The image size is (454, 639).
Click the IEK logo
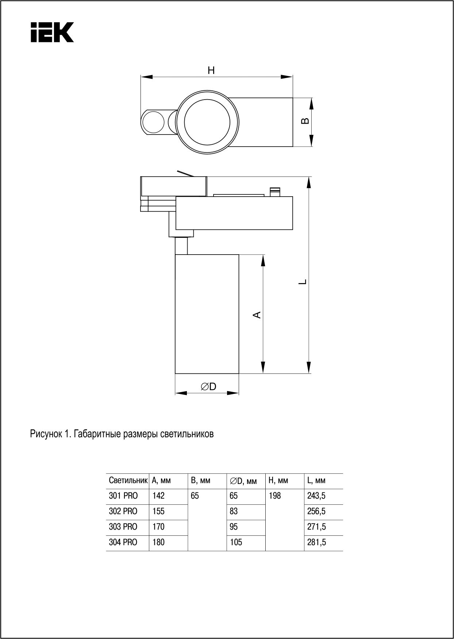click(x=52, y=32)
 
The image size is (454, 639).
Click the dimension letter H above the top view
click(x=211, y=70)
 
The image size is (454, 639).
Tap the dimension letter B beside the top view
click(x=305, y=121)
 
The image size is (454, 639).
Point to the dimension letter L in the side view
click(x=302, y=282)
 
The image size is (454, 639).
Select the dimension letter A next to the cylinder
click(x=257, y=314)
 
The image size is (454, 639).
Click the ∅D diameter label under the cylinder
click(x=208, y=387)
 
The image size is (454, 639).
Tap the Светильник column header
click(x=128, y=481)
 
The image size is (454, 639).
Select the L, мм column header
click(x=316, y=481)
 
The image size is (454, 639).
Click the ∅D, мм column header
click(x=243, y=481)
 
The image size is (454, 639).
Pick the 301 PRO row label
click(x=123, y=496)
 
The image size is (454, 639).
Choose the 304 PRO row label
click(x=123, y=542)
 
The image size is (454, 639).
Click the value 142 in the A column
click(x=158, y=496)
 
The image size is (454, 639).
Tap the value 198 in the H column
click(x=275, y=496)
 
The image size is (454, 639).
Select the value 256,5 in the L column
click(x=316, y=512)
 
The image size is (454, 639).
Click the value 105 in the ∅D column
click(x=236, y=542)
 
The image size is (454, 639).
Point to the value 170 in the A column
click(x=158, y=527)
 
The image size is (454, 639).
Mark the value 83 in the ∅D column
click(x=234, y=512)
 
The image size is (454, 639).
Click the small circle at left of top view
click(x=153, y=122)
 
